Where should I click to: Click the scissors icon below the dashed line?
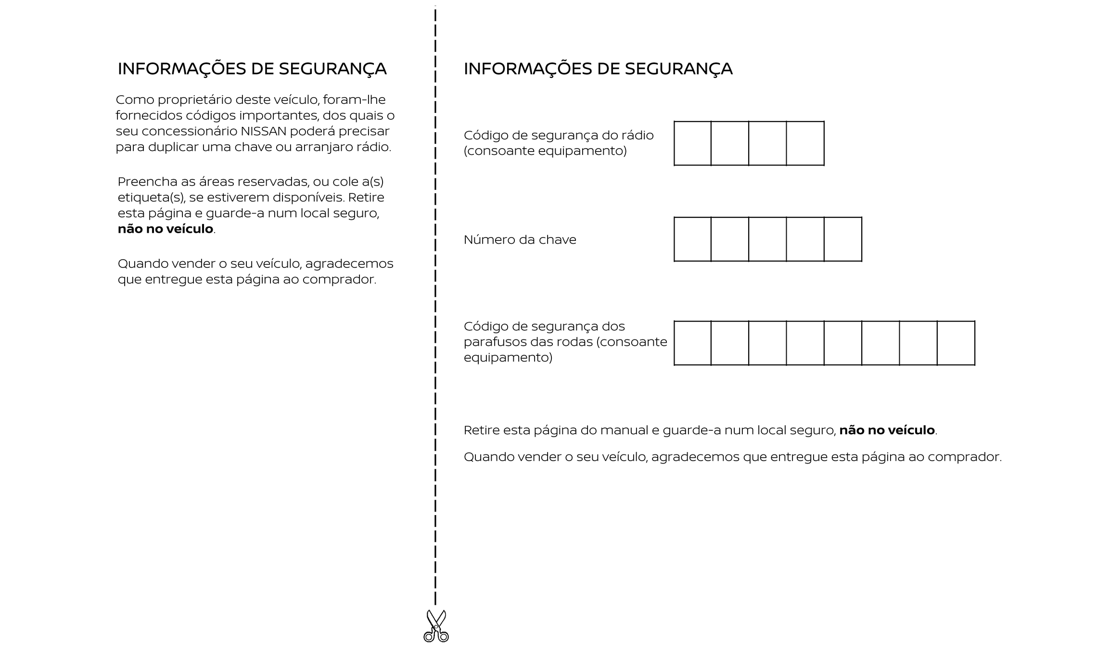pos(436,626)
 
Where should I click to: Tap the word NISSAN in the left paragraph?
pos(264,131)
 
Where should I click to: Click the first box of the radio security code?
pos(693,143)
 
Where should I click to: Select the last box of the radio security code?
pos(805,143)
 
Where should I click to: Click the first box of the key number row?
pos(693,239)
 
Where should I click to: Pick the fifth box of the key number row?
pos(843,239)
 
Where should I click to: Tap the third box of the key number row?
pos(768,239)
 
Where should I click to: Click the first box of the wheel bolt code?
pos(693,343)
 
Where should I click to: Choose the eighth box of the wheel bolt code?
pos(956,343)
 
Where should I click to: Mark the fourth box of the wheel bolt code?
pos(805,343)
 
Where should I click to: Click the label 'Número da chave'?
pos(520,239)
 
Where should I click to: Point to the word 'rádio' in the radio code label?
pos(638,135)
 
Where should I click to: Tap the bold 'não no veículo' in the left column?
pos(166,229)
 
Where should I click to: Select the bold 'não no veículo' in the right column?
pos(887,430)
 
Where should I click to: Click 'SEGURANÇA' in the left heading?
pos(332,69)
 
